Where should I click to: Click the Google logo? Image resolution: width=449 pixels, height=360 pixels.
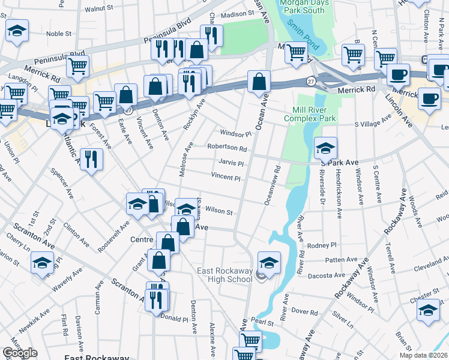coord(20,353)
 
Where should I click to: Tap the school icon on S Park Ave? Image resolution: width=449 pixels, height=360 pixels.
coord(325,148)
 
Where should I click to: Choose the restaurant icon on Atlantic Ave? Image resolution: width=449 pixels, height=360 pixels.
coord(91,159)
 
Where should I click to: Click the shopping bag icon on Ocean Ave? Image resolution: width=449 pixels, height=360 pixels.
coord(259,82)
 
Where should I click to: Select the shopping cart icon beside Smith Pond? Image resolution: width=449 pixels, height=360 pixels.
coord(296,53)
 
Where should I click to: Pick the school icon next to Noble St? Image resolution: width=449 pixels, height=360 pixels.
coord(17,29)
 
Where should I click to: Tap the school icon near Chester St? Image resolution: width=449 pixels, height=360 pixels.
coord(427,310)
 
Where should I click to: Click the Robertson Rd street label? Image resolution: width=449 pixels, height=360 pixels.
coord(227,148)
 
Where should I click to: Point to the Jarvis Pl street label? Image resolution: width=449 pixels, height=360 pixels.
coord(231,163)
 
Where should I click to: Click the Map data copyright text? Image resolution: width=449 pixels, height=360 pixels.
coord(424,354)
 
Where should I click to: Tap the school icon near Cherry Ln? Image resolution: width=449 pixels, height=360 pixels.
coord(42,262)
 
